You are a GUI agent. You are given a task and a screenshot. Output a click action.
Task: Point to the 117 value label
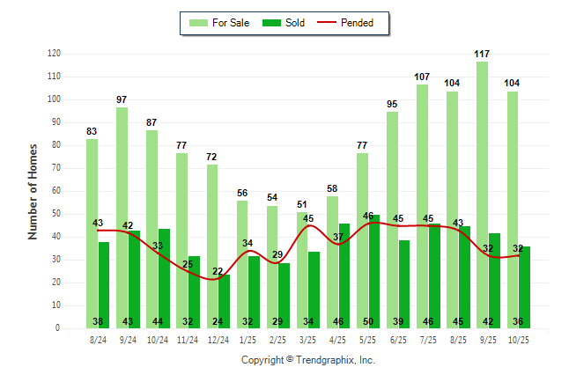coord(482,54)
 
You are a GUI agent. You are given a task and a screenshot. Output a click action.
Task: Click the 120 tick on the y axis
coord(55,54)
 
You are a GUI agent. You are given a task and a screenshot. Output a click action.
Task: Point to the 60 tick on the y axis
coord(56,191)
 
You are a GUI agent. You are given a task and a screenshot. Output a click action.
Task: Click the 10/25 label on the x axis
coord(518,338)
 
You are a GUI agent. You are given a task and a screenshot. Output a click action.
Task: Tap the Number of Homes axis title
coord(33,191)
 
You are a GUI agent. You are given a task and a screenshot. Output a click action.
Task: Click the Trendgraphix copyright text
coord(308,360)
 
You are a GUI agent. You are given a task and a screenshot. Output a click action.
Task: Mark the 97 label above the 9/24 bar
coord(122,99)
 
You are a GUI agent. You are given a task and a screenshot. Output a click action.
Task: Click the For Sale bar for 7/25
coord(422,206)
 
